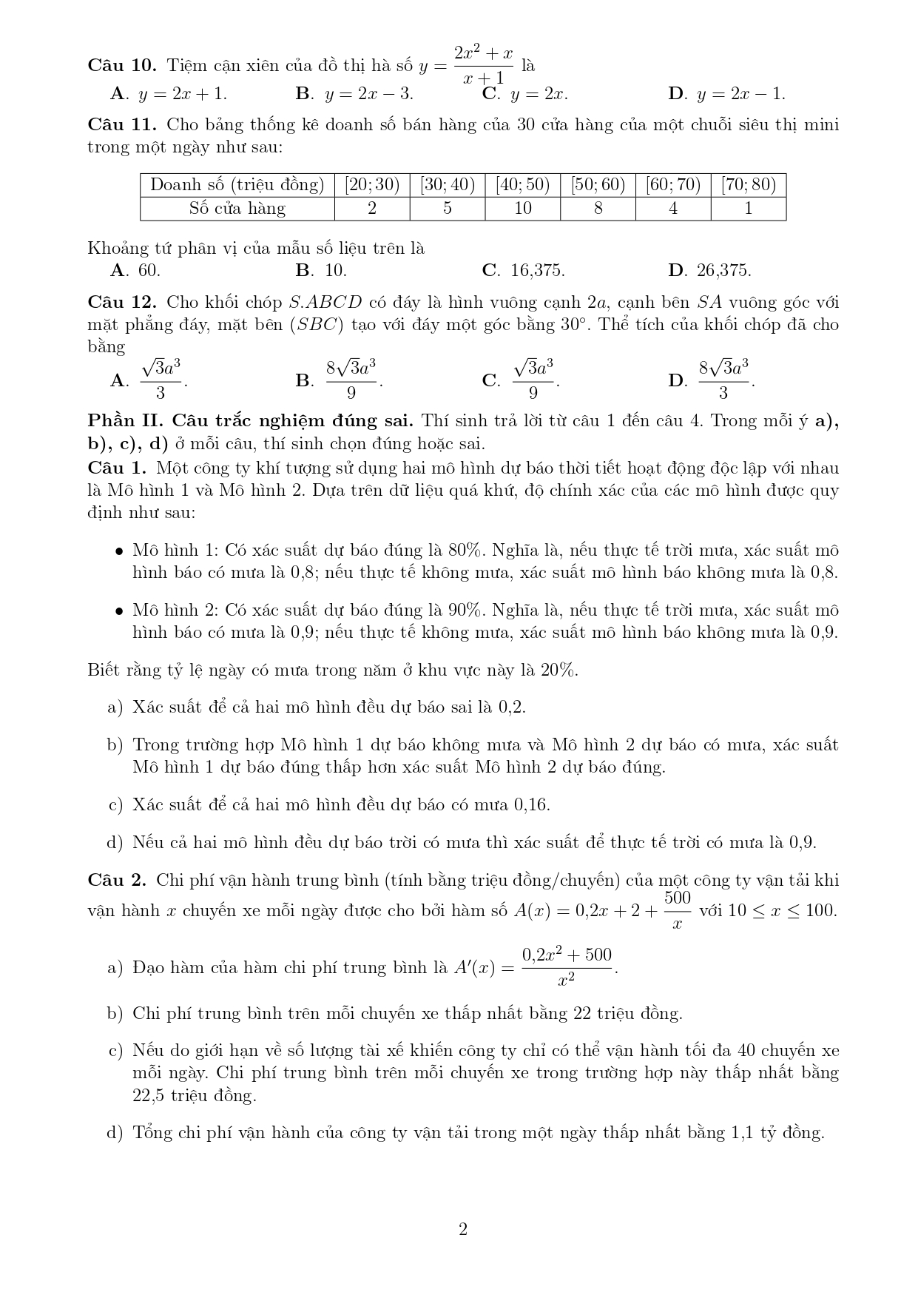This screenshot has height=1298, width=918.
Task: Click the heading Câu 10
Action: pyautogui.click(x=121, y=65)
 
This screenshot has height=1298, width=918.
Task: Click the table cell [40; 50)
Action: pyautogui.click(x=522, y=185)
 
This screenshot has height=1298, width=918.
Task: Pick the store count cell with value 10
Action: pyautogui.click(x=522, y=209)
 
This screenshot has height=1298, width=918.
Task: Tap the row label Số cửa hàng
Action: pyautogui.click(x=237, y=209)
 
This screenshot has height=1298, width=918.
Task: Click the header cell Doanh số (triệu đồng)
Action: pyautogui.click(x=237, y=185)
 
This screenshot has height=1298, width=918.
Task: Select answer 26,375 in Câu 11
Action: pyautogui.click(x=723, y=271)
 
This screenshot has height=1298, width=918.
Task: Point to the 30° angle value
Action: pyautogui.click(x=573, y=325)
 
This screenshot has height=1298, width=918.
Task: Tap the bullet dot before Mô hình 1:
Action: pyautogui.click(x=118, y=551)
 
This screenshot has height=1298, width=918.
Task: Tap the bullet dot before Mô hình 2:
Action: pyautogui.click(x=118, y=611)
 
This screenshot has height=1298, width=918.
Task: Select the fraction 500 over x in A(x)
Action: pyautogui.click(x=677, y=911)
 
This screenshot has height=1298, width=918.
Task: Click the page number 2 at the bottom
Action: pyautogui.click(x=463, y=1230)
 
